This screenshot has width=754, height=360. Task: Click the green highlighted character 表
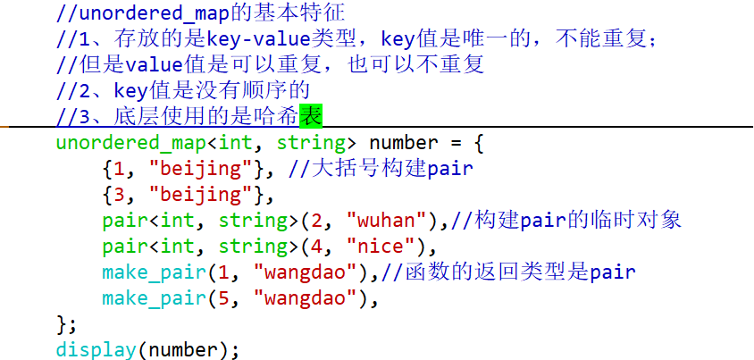coord(311,116)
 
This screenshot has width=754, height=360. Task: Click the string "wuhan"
coord(387,221)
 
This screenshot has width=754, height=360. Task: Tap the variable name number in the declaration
coord(404,143)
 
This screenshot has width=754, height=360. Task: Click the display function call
coord(96,350)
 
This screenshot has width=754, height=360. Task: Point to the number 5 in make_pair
coord(223,298)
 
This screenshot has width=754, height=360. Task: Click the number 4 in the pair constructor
coord(317,247)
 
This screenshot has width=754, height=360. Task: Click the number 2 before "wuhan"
coord(317,221)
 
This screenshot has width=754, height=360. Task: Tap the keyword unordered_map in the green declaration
coord(131,143)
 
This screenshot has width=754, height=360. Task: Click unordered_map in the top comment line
coord(155,13)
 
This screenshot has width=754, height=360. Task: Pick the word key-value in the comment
coord(259,39)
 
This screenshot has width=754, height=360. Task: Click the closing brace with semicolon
coord(66,324)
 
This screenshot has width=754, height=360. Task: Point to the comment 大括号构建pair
coord(381,169)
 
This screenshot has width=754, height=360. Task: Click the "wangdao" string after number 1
coord(306,272)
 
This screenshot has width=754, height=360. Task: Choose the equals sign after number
coord(456,143)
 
